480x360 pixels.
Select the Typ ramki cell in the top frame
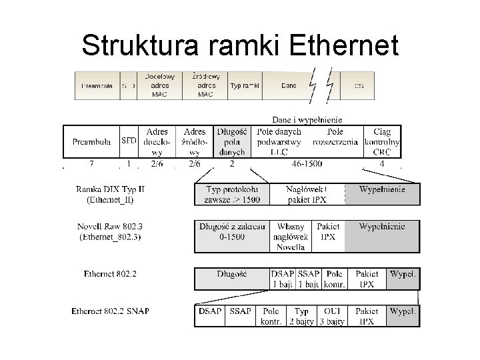pos(244,85)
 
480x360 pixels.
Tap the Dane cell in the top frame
pos(289,85)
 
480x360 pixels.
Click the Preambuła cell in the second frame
pos(91,141)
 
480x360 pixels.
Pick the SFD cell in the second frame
pos(129,141)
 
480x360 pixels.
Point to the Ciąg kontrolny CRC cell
pos(383,141)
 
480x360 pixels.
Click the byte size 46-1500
pos(307,163)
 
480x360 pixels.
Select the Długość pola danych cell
pos(232,141)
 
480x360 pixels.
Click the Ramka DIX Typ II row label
pos(111,195)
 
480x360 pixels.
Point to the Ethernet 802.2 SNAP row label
pos(115,311)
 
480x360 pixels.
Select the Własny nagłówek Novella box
pos(290,237)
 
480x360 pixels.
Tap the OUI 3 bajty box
pos(331,316)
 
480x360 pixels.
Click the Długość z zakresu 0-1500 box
pos(232,232)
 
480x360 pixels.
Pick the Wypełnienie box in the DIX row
pos(383,190)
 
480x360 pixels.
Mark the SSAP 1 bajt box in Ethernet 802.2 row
pos(308,279)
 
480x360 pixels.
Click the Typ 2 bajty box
pos(301,316)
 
